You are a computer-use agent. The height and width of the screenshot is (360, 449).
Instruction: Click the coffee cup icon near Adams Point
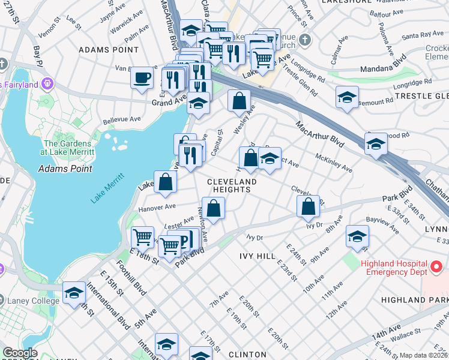(142, 79)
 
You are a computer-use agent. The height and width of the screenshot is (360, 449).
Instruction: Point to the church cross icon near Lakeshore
(305, 41)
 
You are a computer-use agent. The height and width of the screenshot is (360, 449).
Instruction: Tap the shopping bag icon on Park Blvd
(308, 207)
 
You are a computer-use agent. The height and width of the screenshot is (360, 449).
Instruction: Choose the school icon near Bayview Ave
(357, 238)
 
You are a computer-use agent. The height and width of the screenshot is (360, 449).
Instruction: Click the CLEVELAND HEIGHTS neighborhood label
(232, 185)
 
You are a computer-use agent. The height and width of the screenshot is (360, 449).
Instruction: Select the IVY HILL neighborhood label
(258, 256)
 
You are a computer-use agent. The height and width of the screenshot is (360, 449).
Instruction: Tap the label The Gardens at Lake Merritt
(68, 148)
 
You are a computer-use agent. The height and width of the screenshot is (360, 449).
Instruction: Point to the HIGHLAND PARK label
(414, 299)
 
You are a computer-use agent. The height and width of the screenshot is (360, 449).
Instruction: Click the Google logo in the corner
(20, 353)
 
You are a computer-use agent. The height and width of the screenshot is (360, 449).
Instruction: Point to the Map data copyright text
(424, 355)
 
